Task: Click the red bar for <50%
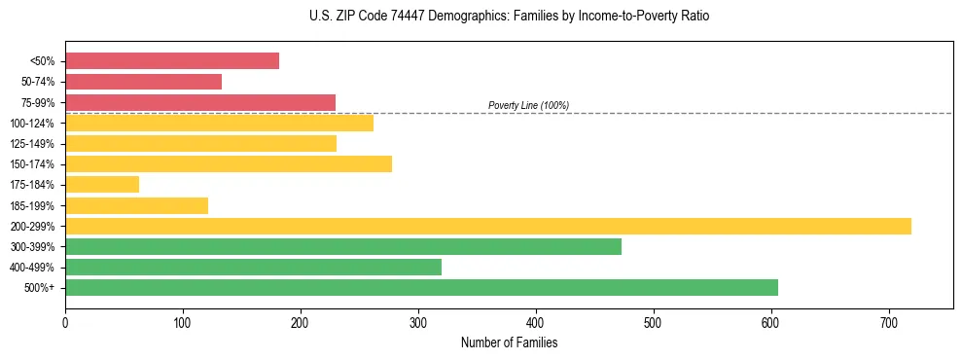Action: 172,61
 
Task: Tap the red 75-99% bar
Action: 200,102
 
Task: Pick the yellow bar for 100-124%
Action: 219,123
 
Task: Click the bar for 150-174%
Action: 229,163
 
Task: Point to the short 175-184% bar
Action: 102,185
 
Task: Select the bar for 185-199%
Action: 136,205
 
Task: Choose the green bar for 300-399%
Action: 343,246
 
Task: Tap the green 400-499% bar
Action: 253,267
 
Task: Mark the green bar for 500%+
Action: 421,287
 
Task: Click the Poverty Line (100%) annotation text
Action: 528,105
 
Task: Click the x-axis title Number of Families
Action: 509,342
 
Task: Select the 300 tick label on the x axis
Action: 418,321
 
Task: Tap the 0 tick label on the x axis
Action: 65,321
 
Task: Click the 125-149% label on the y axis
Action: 34,144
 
